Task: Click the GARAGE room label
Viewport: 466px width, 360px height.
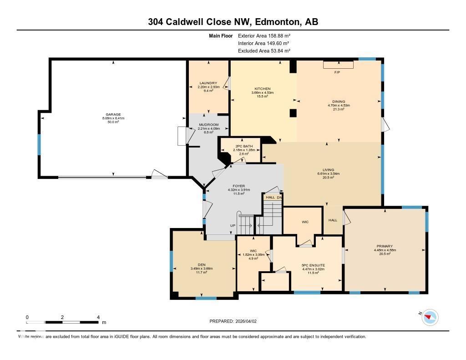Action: (x=113, y=114)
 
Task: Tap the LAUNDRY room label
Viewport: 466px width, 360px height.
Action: (x=208, y=83)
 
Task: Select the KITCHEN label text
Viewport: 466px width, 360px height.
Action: (x=263, y=89)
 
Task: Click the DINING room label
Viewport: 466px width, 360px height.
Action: (x=339, y=101)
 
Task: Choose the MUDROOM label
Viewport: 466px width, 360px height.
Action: (x=208, y=125)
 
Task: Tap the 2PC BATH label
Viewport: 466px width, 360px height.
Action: (x=241, y=146)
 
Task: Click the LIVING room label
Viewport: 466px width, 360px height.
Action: (x=329, y=170)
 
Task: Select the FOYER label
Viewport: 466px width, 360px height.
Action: (x=239, y=186)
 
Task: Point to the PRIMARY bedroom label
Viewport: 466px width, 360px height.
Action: (x=385, y=246)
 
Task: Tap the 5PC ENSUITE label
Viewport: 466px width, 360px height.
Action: (x=313, y=265)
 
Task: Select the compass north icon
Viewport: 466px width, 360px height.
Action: (x=430, y=317)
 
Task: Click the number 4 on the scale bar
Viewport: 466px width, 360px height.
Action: (x=98, y=317)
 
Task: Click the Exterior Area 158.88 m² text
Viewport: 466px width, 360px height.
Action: (x=264, y=35)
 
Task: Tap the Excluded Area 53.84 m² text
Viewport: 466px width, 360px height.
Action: (x=264, y=51)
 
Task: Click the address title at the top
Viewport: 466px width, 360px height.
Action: (x=233, y=22)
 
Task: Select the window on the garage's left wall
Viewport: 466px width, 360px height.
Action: (x=39, y=144)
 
